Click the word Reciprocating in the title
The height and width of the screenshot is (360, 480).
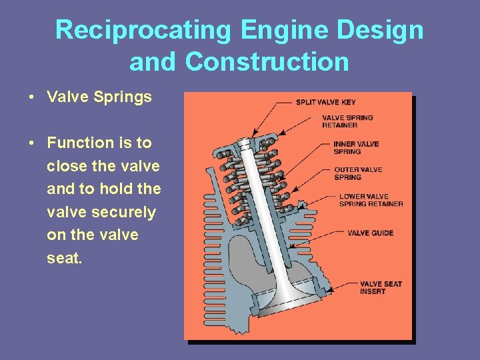coord(143,30)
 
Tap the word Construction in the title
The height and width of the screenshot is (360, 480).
coord(267,61)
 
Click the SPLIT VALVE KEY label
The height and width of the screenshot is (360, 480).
coord(326,102)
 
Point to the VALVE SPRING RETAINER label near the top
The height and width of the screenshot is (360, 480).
coord(347,121)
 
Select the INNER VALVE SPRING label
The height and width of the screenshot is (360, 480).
coord(356,147)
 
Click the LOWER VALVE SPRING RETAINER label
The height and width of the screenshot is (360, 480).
coord(371,200)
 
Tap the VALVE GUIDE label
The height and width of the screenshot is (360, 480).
coord(370,233)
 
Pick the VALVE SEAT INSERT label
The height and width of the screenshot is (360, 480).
coord(381,287)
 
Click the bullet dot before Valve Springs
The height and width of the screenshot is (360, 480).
coord(32,97)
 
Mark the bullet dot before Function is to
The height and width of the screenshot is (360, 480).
coord(32,143)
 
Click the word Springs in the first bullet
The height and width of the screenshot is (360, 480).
coord(124,97)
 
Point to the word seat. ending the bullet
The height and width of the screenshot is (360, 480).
coord(65,258)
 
